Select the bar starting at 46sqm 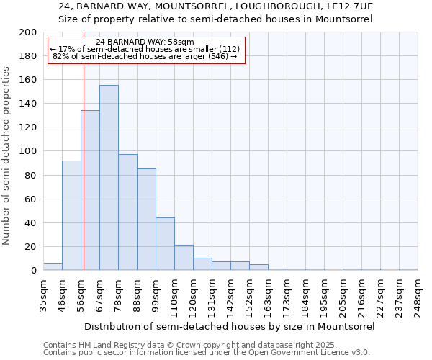click(71, 215)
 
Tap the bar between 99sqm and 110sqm click(165, 244)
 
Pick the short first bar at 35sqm click(53, 266)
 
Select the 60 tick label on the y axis click(31, 199)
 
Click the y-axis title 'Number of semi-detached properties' click(7, 156)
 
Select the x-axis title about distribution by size click(228, 326)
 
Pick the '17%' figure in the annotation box click(66, 49)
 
